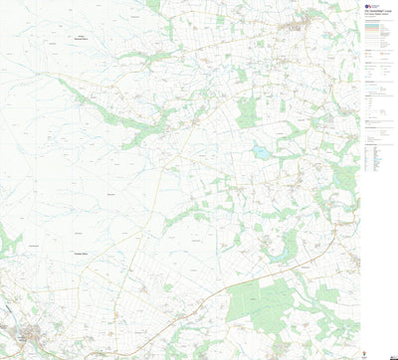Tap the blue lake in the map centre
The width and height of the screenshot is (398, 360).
pos(261,153)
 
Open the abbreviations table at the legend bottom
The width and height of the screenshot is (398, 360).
pos(376,158)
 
